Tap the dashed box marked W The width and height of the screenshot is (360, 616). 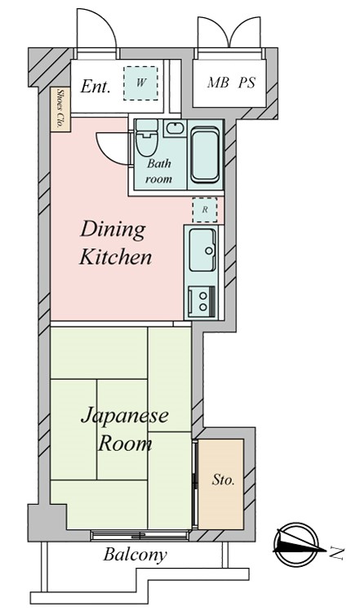pos(140,83)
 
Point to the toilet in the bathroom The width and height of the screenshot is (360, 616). pos(146,139)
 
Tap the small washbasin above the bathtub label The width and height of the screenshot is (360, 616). pos(173,127)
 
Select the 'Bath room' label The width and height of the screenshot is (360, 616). pos(158,171)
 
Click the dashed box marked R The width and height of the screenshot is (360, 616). pos(204,209)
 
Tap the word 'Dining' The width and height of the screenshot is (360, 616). pos(113,230)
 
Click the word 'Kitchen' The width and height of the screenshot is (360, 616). pos(115,258)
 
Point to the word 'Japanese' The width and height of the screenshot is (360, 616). pos(124,416)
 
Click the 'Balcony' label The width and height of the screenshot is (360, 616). pos(135,556)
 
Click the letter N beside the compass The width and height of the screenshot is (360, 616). pos(335,555)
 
